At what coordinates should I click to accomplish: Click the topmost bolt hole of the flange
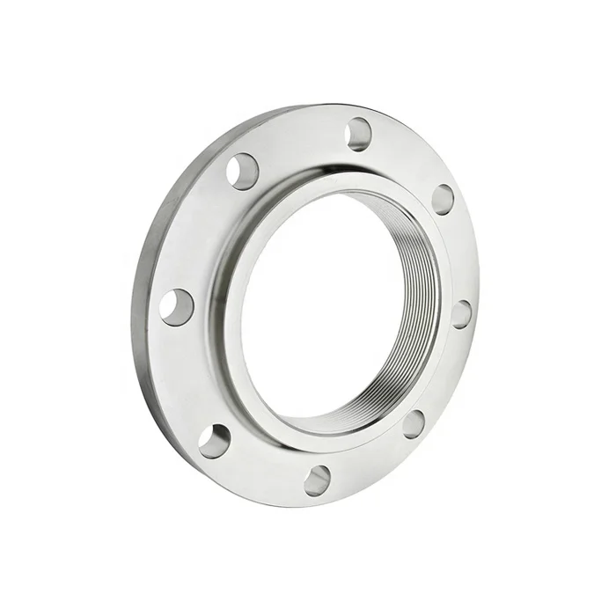358,134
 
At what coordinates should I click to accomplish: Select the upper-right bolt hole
443,200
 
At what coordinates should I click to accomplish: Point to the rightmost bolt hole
461,314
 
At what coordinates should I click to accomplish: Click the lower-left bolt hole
214,440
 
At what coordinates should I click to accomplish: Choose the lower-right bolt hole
414,423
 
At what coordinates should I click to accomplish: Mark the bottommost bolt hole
318,480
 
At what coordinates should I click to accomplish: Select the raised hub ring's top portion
317,176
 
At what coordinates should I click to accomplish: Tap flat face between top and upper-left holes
299,141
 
